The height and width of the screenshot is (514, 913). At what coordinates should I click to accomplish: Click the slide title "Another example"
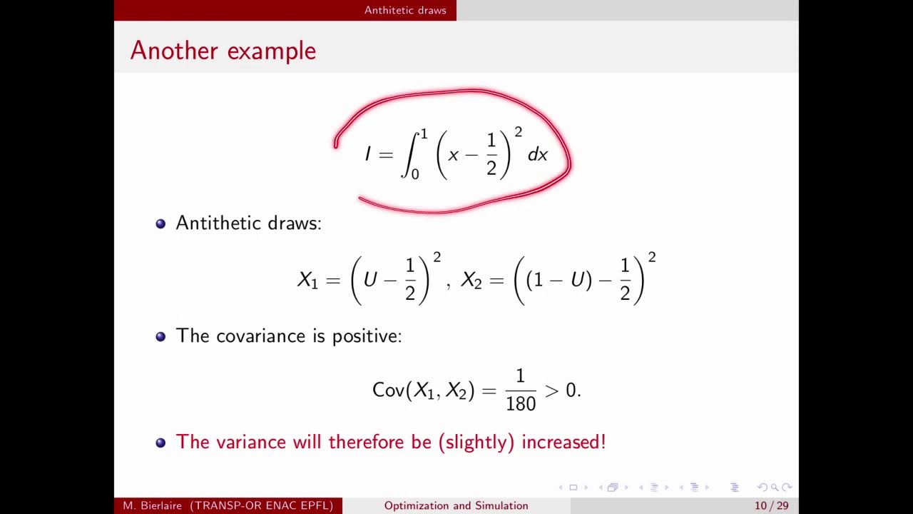tap(223, 51)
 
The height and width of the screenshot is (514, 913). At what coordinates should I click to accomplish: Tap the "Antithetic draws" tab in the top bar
tap(405, 10)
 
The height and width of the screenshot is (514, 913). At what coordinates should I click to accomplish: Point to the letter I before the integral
tap(368, 154)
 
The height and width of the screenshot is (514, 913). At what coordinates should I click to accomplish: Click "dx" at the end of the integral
tap(537, 154)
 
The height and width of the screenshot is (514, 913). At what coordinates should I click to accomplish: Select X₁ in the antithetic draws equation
tap(307, 280)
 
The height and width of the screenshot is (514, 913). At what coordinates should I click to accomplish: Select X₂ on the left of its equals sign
tap(471, 280)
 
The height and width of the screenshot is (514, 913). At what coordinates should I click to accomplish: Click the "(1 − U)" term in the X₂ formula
tap(558, 280)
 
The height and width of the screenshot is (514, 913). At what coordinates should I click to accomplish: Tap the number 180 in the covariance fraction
tap(521, 403)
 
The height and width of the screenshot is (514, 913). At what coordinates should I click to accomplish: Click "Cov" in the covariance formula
tap(388, 390)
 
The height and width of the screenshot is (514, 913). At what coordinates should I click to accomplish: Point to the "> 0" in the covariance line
tap(562, 390)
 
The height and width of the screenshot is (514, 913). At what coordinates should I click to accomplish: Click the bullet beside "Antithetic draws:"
tap(160, 223)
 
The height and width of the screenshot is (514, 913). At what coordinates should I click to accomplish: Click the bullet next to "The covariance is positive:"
tap(160, 336)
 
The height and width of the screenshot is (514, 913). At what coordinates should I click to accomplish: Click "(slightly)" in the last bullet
tap(476, 442)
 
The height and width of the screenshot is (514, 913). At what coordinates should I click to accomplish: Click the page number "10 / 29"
tap(772, 505)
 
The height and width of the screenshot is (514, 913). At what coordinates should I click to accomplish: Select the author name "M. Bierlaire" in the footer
tap(153, 505)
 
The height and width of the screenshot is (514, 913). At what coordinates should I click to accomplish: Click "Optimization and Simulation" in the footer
tap(456, 505)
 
